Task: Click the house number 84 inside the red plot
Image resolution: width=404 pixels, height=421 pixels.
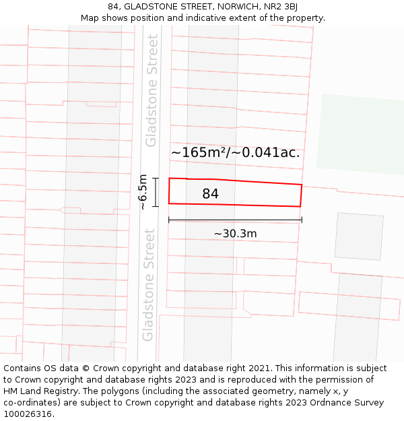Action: point(210,194)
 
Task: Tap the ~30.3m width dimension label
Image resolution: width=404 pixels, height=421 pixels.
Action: point(235,234)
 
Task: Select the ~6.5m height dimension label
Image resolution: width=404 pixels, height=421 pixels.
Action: point(143,192)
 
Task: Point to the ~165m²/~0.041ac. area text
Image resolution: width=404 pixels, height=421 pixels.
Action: point(235,152)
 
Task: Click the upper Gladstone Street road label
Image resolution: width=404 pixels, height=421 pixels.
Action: point(151,90)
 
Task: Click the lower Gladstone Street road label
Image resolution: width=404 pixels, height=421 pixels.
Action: point(149,284)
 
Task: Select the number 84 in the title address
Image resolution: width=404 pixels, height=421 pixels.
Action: point(113,7)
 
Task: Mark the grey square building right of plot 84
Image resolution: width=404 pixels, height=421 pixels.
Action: point(359,236)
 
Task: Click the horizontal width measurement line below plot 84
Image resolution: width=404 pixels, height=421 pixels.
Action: point(235,220)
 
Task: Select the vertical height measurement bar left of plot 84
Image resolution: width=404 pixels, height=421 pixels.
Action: point(156,192)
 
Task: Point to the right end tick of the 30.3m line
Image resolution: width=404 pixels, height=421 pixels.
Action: point(302,220)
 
